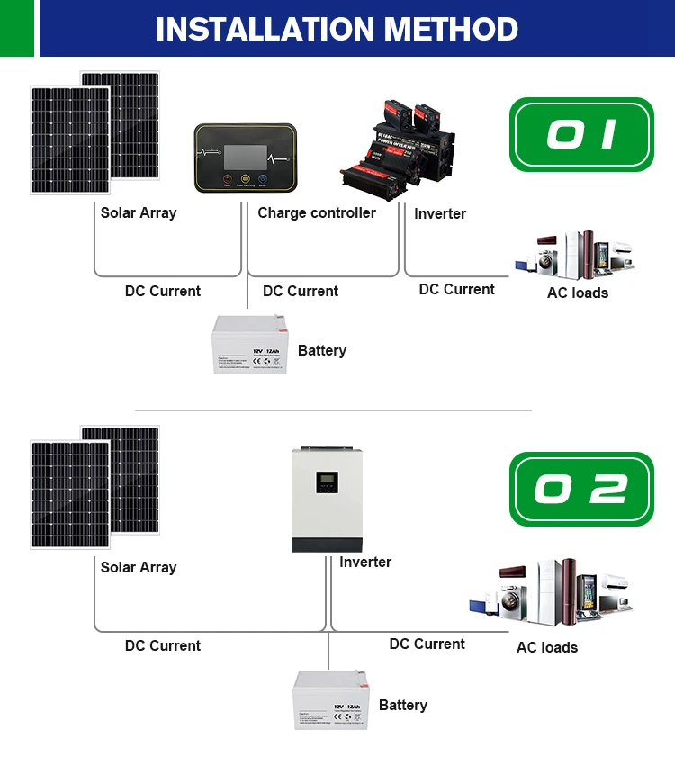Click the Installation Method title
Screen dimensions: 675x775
(337, 29)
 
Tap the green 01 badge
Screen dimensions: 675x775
(581, 134)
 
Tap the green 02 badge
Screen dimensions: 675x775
(581, 489)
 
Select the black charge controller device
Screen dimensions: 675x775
(245, 158)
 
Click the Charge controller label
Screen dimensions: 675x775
(317, 213)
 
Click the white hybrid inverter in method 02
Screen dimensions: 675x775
(327, 500)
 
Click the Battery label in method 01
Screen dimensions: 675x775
(321, 350)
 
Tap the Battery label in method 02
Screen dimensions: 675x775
(402, 705)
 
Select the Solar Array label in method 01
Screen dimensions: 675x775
(139, 213)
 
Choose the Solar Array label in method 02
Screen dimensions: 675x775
(139, 567)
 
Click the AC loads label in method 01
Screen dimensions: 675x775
(577, 293)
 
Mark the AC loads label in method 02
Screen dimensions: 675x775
(546, 647)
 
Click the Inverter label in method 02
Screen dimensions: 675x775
(365, 563)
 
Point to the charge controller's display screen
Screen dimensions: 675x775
(246, 154)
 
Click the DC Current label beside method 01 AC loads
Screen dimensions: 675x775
(456, 289)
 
